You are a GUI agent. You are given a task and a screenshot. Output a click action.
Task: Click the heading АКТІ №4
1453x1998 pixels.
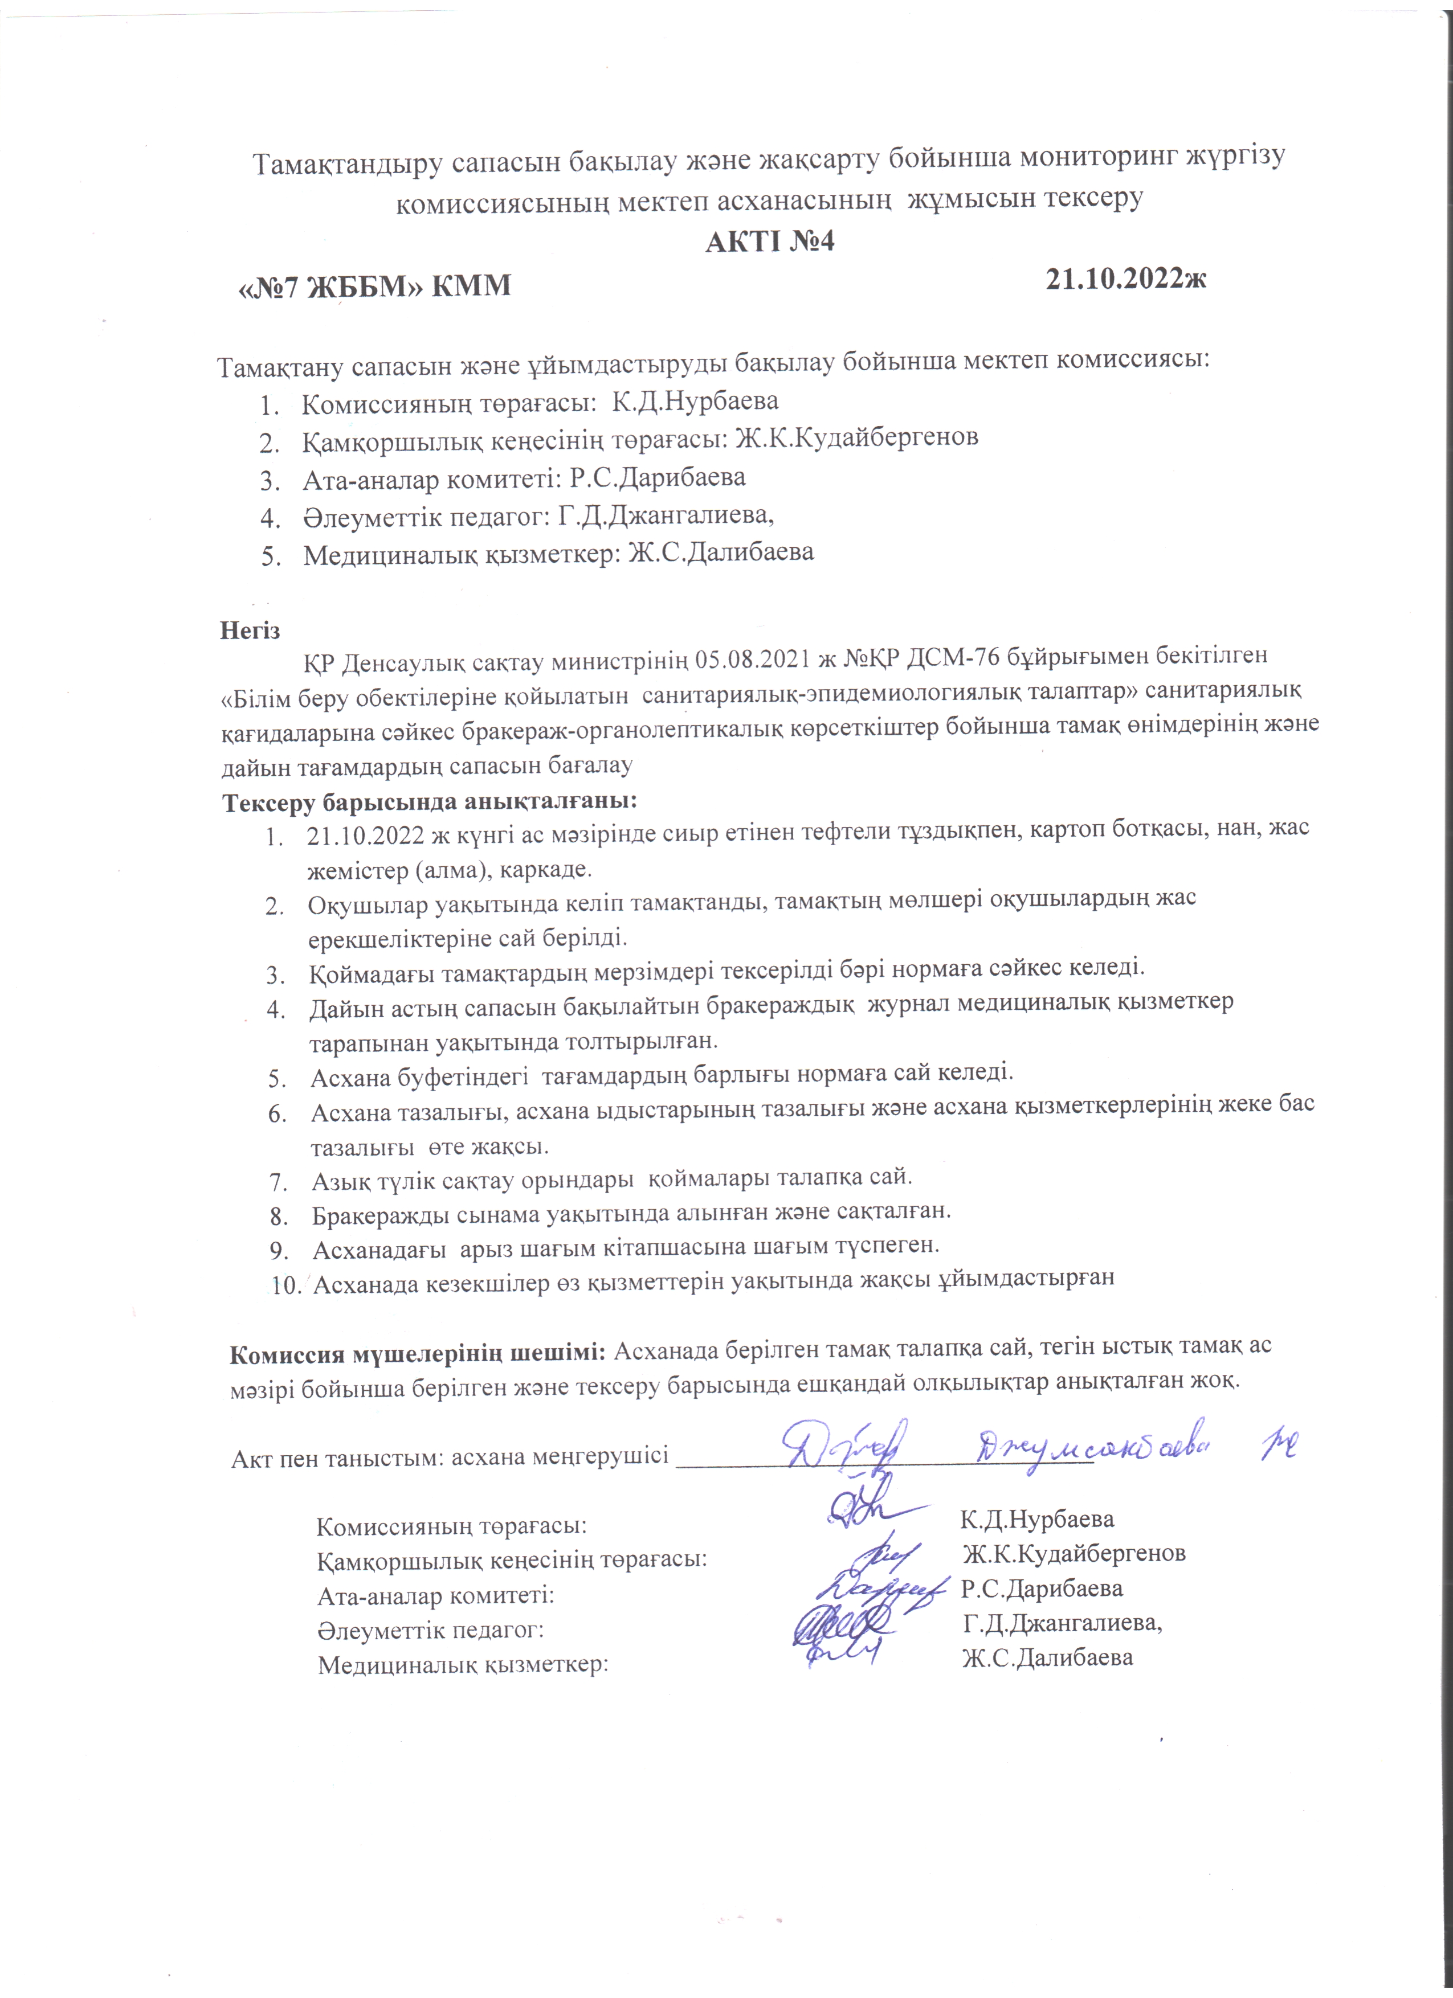click(769, 241)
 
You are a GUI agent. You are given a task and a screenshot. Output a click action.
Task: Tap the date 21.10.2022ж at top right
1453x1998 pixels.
click(1125, 279)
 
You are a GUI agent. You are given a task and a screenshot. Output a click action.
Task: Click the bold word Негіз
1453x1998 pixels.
click(250, 630)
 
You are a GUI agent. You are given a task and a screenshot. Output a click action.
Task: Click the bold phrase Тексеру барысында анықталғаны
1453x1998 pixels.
click(429, 802)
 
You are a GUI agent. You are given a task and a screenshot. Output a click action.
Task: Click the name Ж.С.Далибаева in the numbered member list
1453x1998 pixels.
click(720, 552)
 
